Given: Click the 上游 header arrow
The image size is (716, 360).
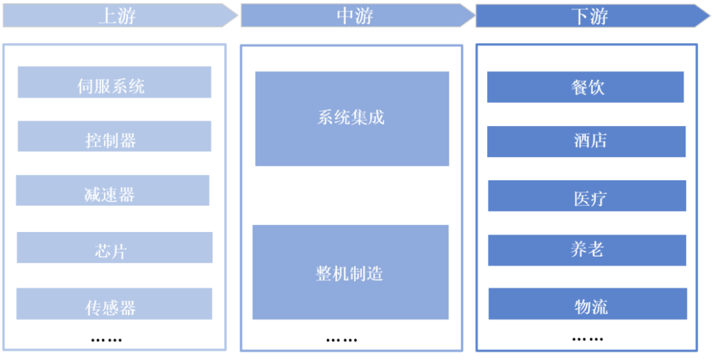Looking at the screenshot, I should pyautogui.click(x=119, y=16).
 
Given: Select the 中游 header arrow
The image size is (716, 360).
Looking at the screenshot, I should pyautogui.click(x=357, y=16).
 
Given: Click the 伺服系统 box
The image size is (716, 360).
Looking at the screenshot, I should pyautogui.click(x=114, y=82).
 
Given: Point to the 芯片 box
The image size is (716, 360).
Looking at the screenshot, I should pyautogui.click(x=114, y=247).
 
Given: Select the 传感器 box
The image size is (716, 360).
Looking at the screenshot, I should pyautogui.click(x=114, y=304).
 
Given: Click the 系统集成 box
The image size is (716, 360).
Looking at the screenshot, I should pyautogui.click(x=352, y=119).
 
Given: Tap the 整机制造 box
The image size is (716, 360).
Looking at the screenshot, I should pyautogui.click(x=350, y=272).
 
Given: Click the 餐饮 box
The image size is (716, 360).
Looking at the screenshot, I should pyautogui.click(x=585, y=87).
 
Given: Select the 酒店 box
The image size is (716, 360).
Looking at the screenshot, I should pyautogui.click(x=586, y=141).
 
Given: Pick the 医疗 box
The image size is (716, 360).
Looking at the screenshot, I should pyautogui.click(x=587, y=196).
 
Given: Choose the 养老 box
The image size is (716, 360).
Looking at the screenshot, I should pyautogui.click(x=587, y=250).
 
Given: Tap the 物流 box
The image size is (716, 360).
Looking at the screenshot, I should pyautogui.click(x=587, y=304).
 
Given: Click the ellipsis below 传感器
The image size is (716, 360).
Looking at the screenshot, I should pyautogui.click(x=106, y=340).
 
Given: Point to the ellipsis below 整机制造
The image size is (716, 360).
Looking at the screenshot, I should pyautogui.click(x=341, y=340).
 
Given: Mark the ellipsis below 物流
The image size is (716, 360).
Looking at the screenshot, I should pyautogui.click(x=587, y=339).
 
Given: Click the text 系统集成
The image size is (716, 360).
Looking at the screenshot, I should pyautogui.click(x=351, y=119).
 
